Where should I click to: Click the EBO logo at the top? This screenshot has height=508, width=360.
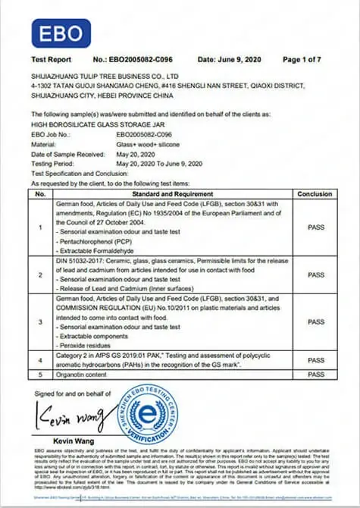[61, 33]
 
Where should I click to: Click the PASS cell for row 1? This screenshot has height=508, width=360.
[315, 227]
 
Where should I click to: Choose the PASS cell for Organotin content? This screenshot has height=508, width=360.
[315, 375]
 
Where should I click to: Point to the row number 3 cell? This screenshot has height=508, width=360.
[41, 322]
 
